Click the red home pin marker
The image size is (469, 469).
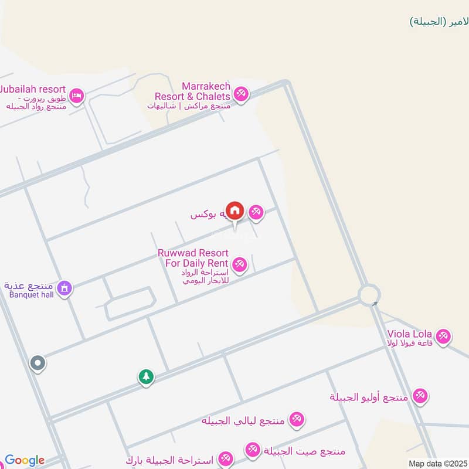[x=235, y=210]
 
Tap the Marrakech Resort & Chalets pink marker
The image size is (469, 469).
[x=240, y=93]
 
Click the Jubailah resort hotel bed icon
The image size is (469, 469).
[x=76, y=95]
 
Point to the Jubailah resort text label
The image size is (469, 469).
[x=32, y=90]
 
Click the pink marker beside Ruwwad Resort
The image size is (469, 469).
[x=239, y=264]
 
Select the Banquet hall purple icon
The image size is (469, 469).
[x=65, y=288]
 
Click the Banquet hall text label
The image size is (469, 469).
[x=32, y=294]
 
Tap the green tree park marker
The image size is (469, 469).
[x=145, y=377]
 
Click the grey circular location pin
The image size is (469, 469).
[x=38, y=363]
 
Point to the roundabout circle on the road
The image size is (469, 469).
[x=369, y=294]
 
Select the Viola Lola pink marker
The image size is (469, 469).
[x=444, y=336]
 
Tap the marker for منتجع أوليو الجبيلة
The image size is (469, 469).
[x=420, y=396]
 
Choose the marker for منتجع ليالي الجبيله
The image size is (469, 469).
[x=297, y=419]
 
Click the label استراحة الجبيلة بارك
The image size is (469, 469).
[x=173, y=458]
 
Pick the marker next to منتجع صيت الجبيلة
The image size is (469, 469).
[x=253, y=450]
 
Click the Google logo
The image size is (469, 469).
[x=25, y=461]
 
